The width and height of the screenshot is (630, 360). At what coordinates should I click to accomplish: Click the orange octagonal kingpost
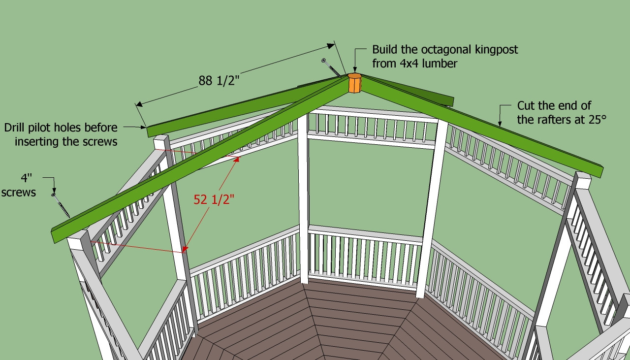point(355,83)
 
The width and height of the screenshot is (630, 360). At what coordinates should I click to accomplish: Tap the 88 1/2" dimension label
point(219,81)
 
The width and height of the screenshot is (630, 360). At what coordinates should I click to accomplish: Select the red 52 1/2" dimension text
point(214,199)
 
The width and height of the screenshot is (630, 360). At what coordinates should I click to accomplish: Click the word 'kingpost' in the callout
point(497,50)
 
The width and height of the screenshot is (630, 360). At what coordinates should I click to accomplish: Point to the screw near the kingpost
point(331,68)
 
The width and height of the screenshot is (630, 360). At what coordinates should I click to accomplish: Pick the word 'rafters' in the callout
point(554,120)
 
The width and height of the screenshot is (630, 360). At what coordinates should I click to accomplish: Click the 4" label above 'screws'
point(27,178)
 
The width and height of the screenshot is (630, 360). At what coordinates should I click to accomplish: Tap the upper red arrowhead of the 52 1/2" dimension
point(237,160)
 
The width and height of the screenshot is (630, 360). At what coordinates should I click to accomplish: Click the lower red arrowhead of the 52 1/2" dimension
point(185,249)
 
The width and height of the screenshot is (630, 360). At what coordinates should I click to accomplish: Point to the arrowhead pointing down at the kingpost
point(355,70)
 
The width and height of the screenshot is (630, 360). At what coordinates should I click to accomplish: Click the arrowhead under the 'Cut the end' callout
point(500,124)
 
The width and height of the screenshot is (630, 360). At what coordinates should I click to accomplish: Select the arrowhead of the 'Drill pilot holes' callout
point(143,127)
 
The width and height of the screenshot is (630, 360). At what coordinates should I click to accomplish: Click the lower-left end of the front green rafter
point(54,236)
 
